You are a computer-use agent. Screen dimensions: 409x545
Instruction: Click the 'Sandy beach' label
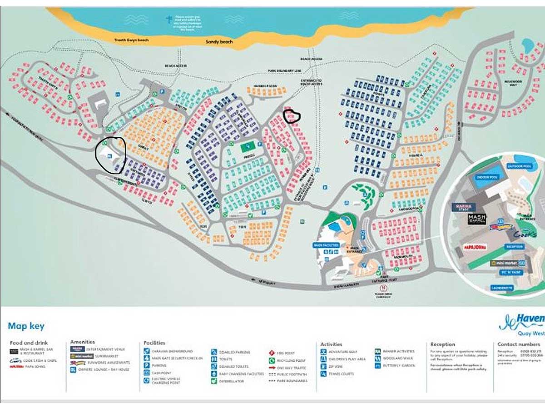[219, 42]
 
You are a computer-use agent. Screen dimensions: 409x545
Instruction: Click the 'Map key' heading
[26, 326]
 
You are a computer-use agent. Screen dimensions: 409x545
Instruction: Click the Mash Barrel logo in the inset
[477, 219]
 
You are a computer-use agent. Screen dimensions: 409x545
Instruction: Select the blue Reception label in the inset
[515, 246]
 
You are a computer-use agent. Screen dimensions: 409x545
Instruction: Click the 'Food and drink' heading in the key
[29, 343]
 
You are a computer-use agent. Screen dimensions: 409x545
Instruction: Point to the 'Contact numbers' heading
[519, 344]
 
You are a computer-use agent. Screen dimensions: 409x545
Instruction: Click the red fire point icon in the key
[271, 352]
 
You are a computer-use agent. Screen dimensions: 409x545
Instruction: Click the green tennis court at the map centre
[248, 147]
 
